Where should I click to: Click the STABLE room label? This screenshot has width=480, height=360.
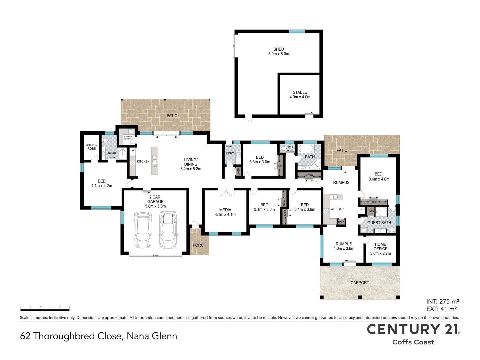(x=300, y=92)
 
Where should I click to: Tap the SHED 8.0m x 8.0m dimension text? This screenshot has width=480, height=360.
(x=279, y=54)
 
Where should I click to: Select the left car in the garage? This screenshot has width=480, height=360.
(x=143, y=230)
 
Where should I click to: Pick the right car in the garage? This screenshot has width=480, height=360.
(x=168, y=230)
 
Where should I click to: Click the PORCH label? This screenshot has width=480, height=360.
(x=199, y=245)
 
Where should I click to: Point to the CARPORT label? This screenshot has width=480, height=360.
(x=360, y=283)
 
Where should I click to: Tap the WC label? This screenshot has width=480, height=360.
(x=290, y=147)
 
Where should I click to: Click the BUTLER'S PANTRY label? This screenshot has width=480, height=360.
(x=128, y=137)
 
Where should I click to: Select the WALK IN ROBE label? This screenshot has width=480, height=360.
(x=91, y=147)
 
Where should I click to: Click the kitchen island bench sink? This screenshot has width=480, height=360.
(x=155, y=161)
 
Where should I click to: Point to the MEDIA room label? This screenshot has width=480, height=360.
(x=225, y=210)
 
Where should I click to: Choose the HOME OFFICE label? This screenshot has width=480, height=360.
(x=380, y=247)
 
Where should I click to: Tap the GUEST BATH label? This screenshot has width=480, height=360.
(x=379, y=223)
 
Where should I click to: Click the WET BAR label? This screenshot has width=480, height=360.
(x=337, y=209)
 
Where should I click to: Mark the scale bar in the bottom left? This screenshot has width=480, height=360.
(x=45, y=310)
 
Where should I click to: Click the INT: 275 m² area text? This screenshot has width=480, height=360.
(x=442, y=301)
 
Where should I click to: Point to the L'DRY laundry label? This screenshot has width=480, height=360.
(x=230, y=153)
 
